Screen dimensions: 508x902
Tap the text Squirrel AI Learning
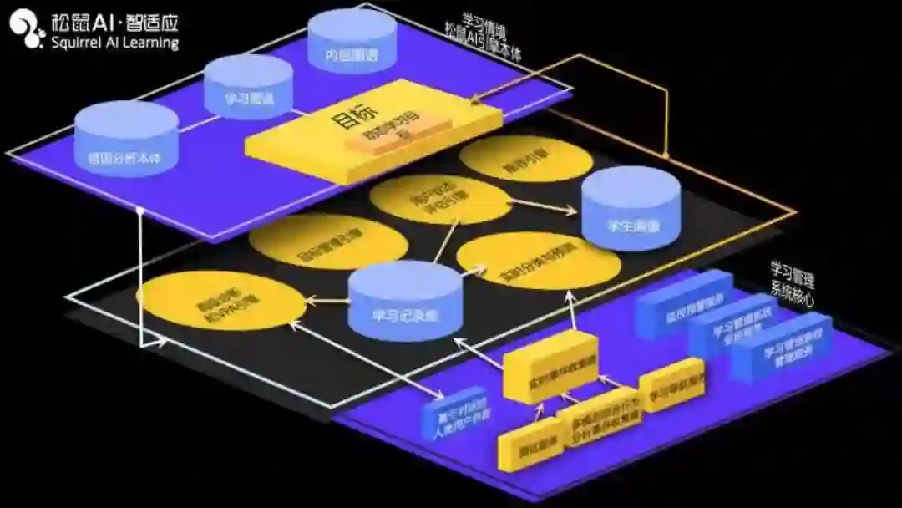click(x=114, y=43)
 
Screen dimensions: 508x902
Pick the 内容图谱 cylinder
click(x=352, y=42)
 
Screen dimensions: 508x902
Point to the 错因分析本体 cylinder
click(x=126, y=138)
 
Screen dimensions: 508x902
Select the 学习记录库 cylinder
click(x=404, y=301)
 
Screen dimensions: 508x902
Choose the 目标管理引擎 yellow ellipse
click(x=327, y=241)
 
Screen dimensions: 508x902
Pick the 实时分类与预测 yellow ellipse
click(x=540, y=259)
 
